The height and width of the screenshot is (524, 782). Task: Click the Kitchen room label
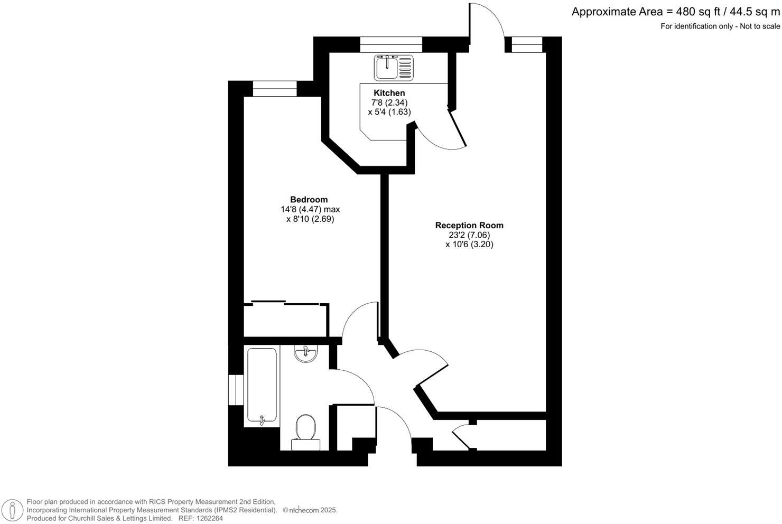[x=389, y=93]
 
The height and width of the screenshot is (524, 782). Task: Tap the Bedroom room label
[x=309, y=200]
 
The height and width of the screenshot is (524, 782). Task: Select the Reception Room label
[x=469, y=225]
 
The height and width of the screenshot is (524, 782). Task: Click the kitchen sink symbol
[x=393, y=68]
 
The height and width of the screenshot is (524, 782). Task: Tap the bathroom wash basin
[x=306, y=353]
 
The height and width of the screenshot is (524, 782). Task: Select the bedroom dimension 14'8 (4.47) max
[x=310, y=209]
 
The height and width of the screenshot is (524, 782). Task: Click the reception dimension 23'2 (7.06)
[x=469, y=235]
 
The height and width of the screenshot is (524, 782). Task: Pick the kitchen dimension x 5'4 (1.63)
[x=389, y=112]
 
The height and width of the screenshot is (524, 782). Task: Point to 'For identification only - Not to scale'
[x=720, y=26]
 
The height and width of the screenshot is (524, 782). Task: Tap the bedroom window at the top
[x=275, y=89]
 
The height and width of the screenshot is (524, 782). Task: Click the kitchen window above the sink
[x=391, y=44]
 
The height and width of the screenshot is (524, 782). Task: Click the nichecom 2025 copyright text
[x=310, y=510]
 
